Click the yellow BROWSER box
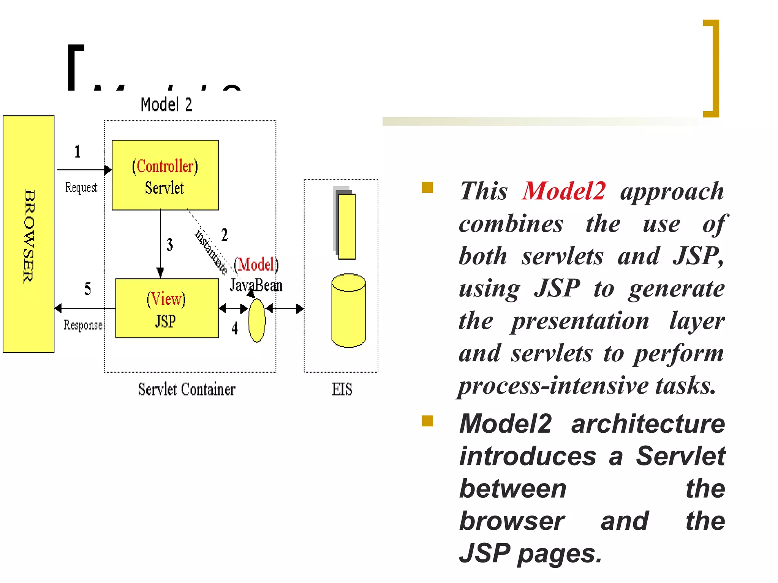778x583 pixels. (28, 234)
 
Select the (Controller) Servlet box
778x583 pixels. (165, 175)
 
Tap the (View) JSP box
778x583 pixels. (167, 309)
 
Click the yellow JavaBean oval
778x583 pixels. (257, 321)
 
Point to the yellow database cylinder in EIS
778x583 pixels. (348, 311)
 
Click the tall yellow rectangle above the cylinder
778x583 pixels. (346, 227)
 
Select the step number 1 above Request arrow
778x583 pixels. (77, 151)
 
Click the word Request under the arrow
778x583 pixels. (81, 187)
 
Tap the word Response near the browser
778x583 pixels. (83, 325)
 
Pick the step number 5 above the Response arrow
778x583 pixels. (88, 289)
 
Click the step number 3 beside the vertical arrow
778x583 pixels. (170, 244)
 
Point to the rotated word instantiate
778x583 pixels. (211, 252)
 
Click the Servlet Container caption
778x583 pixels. (187, 389)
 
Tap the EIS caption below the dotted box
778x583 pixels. (342, 389)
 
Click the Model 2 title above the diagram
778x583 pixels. (166, 104)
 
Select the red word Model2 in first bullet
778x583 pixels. (564, 191)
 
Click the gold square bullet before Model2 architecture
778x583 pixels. (427, 421)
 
